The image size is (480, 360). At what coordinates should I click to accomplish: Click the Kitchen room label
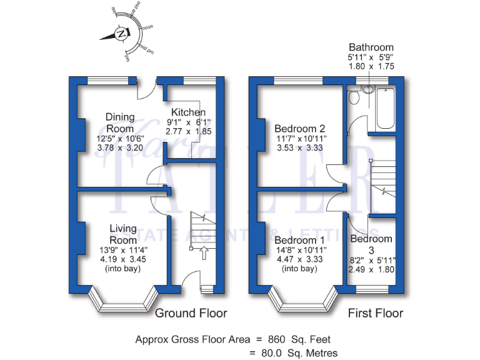click(x=188, y=112)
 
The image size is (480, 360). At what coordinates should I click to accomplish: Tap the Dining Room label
click(x=119, y=122)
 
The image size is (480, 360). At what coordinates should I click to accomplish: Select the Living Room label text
click(x=123, y=234)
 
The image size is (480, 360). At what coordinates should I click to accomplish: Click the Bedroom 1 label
click(x=300, y=240)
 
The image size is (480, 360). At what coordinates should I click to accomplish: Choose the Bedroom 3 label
click(x=371, y=244)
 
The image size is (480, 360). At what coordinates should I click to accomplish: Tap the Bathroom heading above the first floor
click(x=371, y=47)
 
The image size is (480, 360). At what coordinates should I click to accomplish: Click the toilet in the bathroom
click(x=353, y=97)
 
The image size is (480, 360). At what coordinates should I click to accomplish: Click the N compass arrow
click(x=119, y=34)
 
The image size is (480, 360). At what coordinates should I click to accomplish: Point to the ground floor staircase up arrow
click(x=202, y=253)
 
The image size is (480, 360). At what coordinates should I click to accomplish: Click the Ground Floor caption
click(x=191, y=312)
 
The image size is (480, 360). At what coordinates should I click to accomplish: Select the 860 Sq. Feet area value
click(x=294, y=339)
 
